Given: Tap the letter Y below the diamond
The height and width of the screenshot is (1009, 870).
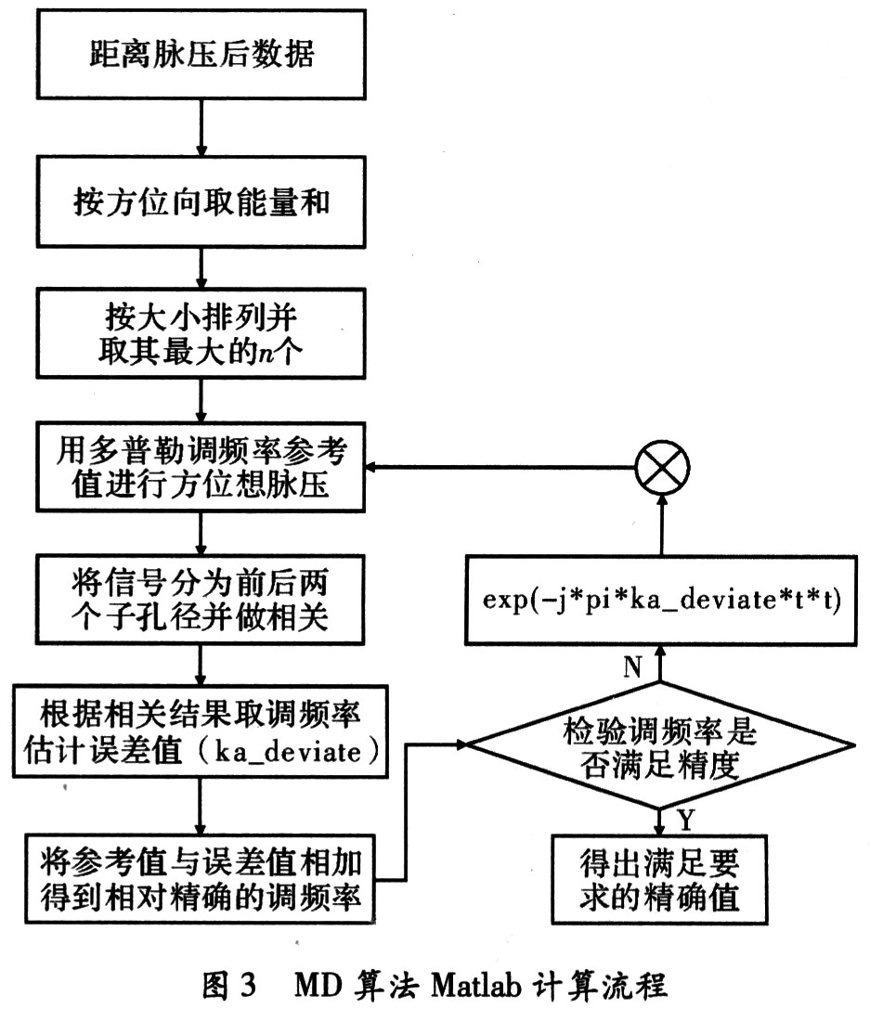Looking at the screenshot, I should click(x=685, y=819).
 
